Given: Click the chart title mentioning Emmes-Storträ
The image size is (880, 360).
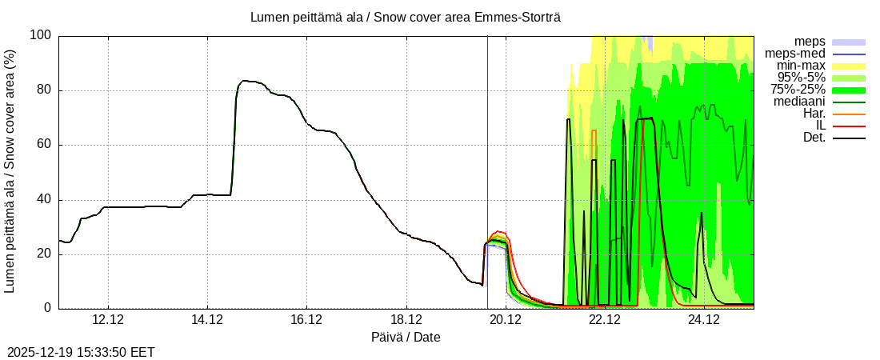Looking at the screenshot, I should pyautogui.click(x=410, y=17).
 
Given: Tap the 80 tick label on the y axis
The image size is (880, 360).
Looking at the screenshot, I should pyautogui.click(x=43, y=90).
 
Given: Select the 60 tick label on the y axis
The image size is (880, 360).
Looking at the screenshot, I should pyautogui.click(x=43, y=145).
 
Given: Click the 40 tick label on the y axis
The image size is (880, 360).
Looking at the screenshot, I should pyautogui.click(x=43, y=200).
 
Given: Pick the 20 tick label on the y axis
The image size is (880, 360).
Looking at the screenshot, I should pyautogui.click(x=43, y=254).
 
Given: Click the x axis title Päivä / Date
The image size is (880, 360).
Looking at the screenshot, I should pyautogui.click(x=406, y=337).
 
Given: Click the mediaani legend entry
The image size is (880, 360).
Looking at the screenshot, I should pyautogui.click(x=799, y=102).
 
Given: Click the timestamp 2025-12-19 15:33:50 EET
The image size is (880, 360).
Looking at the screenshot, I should pyautogui.click(x=81, y=352).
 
